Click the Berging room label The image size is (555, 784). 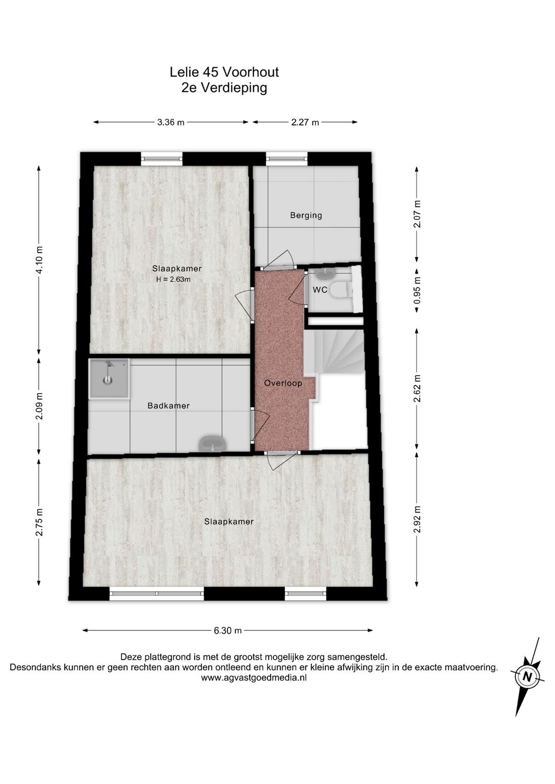coord(306,215)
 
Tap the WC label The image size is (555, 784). coord(320,290)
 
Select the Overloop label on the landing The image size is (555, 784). coord(283,383)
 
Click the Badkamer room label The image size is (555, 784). coord(169,406)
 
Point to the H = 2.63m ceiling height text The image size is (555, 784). coord(173,279)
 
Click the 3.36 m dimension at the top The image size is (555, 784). coord(171,122)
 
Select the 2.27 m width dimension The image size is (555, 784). coord(305,122)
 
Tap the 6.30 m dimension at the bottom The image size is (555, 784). coord(228,631)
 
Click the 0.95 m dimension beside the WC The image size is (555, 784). coord(417,290)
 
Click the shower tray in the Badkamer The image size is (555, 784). coord(109,378)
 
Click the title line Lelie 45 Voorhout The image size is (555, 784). coord(224,72)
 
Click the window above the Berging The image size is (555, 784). coord(286,159)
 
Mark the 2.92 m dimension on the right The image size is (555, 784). coord(417,519)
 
